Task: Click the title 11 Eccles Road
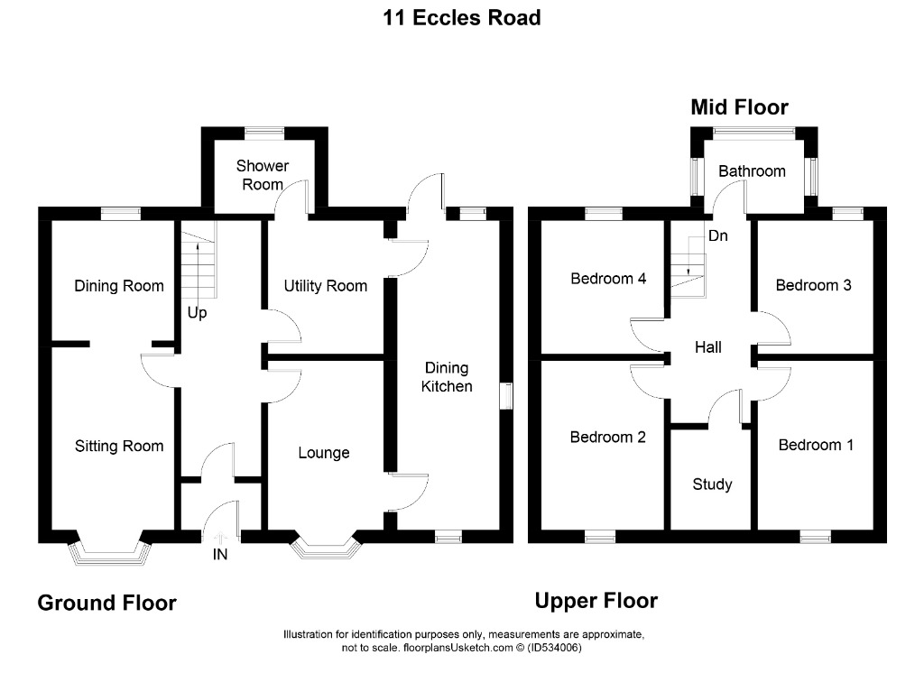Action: pyautogui.click(x=462, y=18)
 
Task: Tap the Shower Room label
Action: pyautogui.click(x=263, y=175)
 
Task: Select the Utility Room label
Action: pyautogui.click(x=325, y=286)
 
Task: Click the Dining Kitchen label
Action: pyautogui.click(x=447, y=377)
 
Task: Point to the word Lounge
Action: pyautogui.click(x=324, y=453)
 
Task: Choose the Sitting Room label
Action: pyautogui.click(x=119, y=447)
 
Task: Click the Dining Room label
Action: pyautogui.click(x=119, y=286)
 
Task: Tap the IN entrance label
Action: pyautogui.click(x=220, y=554)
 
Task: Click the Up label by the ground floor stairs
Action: pyautogui.click(x=197, y=313)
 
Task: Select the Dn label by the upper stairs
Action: pyautogui.click(x=717, y=235)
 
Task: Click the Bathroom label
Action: pyautogui.click(x=752, y=171)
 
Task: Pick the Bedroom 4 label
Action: pyautogui.click(x=608, y=278)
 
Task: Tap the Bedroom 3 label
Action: pyautogui.click(x=813, y=285)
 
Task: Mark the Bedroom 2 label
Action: pyautogui.click(x=607, y=437)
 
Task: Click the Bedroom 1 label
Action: pyautogui.click(x=816, y=445)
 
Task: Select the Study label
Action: pyautogui.click(x=712, y=484)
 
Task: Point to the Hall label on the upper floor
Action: pyautogui.click(x=707, y=347)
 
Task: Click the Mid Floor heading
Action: pyautogui.click(x=739, y=107)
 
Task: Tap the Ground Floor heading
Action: pyautogui.click(x=106, y=603)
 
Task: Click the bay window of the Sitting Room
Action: pyautogui.click(x=110, y=555)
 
